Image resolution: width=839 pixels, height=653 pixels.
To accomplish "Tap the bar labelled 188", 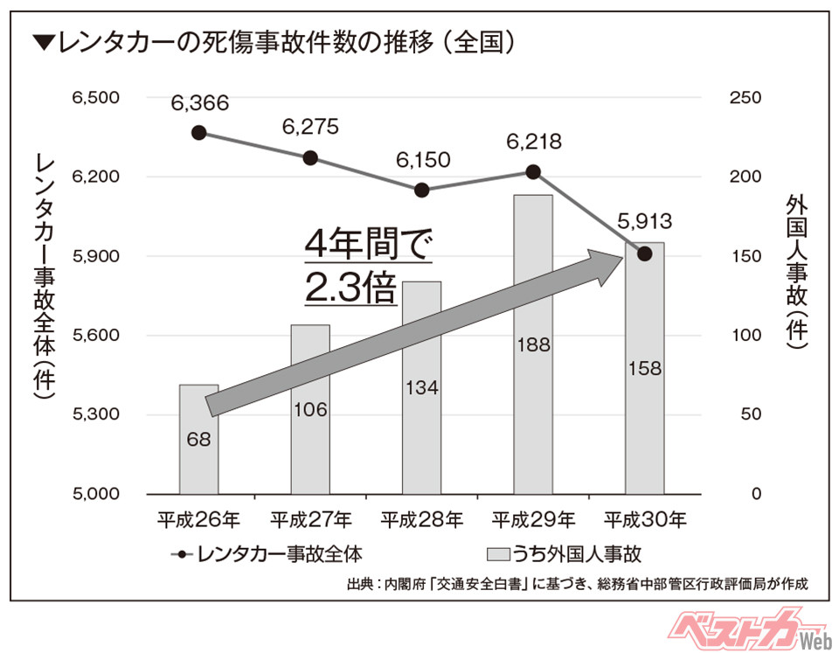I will tap(533, 344).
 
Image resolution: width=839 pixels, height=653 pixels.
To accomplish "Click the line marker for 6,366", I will tap(199, 133).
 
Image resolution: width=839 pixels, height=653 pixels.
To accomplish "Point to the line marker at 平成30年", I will tap(645, 254).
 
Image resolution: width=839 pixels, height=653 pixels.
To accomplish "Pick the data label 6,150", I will tap(421, 161).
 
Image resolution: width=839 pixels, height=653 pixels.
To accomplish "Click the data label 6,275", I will tap(310, 128).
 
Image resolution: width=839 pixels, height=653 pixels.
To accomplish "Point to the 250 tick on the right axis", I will tap(739, 98).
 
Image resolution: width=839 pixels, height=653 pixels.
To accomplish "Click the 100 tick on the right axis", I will tap(739, 336).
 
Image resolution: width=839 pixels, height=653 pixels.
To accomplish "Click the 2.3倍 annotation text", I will tap(350, 289).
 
